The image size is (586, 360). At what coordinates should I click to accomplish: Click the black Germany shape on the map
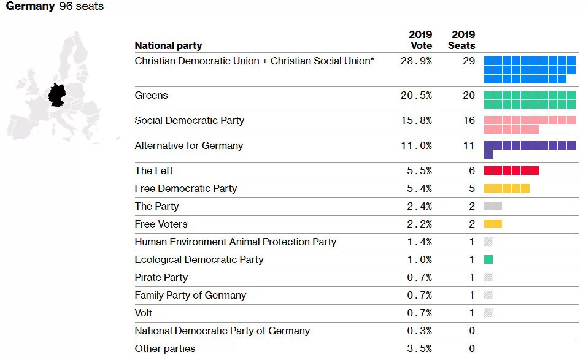57,96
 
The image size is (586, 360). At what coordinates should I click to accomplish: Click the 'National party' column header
168,45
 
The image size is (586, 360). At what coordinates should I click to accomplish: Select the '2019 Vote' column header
420,40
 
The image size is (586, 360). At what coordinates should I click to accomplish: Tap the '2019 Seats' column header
461,40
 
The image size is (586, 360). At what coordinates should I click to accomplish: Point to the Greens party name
151,95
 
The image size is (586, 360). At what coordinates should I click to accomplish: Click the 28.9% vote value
416,61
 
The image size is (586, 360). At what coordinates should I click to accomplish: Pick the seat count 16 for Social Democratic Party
469,120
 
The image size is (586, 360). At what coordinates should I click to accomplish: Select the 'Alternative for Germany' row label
189,145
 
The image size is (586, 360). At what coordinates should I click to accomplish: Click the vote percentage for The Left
419,170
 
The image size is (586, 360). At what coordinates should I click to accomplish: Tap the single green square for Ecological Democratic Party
488,259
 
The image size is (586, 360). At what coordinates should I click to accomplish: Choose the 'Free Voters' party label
161,224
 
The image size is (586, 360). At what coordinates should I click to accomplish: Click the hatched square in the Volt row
488,313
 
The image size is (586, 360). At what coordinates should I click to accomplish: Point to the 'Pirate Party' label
161,277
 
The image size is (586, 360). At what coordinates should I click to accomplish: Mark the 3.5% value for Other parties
419,348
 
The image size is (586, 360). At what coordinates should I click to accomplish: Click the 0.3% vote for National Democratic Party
419,331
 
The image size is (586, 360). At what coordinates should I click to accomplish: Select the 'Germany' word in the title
30,6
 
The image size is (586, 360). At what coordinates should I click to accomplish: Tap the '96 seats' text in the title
82,6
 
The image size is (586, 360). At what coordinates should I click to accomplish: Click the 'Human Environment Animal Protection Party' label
236,242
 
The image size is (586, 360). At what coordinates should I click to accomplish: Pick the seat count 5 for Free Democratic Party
472,189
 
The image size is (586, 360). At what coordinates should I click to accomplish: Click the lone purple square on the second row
488,155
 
